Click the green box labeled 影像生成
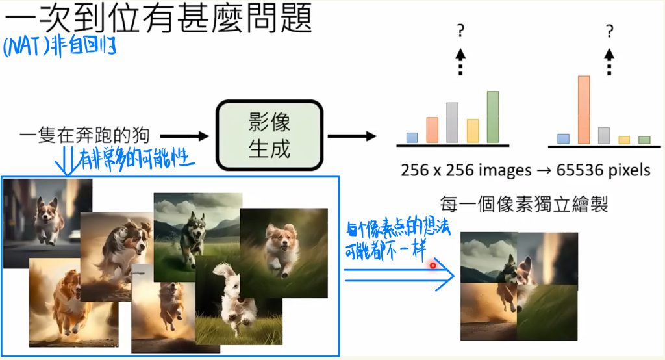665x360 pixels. click(270, 135)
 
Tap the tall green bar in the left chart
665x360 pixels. click(493, 117)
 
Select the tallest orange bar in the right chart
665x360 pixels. click(584, 110)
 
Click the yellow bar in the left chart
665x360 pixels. click(473, 131)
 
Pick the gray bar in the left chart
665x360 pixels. click(452, 123)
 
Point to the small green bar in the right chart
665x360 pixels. click(644, 140)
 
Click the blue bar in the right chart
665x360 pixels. click(563, 139)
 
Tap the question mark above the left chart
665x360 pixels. click(460, 31)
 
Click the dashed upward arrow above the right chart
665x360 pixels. click(609, 62)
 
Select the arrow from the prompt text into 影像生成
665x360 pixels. click(184, 136)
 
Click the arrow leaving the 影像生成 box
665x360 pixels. click(352, 136)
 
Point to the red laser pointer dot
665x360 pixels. click(433, 266)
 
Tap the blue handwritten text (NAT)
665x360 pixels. click(26, 47)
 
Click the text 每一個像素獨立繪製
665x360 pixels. click(524, 204)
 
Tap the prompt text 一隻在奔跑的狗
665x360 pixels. click(84, 135)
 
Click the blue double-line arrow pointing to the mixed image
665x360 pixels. click(399, 275)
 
